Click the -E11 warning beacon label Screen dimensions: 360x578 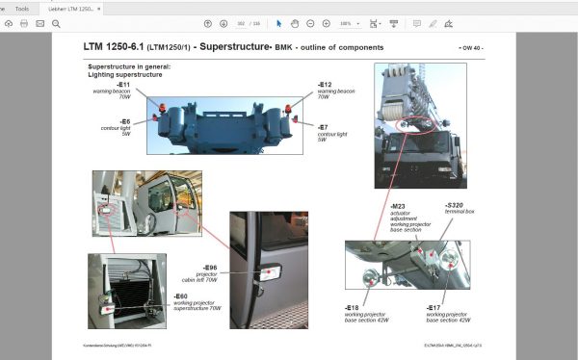(x=124, y=85)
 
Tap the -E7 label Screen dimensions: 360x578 (x=324, y=126)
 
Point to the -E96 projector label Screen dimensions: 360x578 (x=210, y=267)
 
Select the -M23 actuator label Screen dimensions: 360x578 (x=397, y=206)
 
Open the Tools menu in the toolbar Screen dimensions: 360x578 (x=21, y=8)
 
